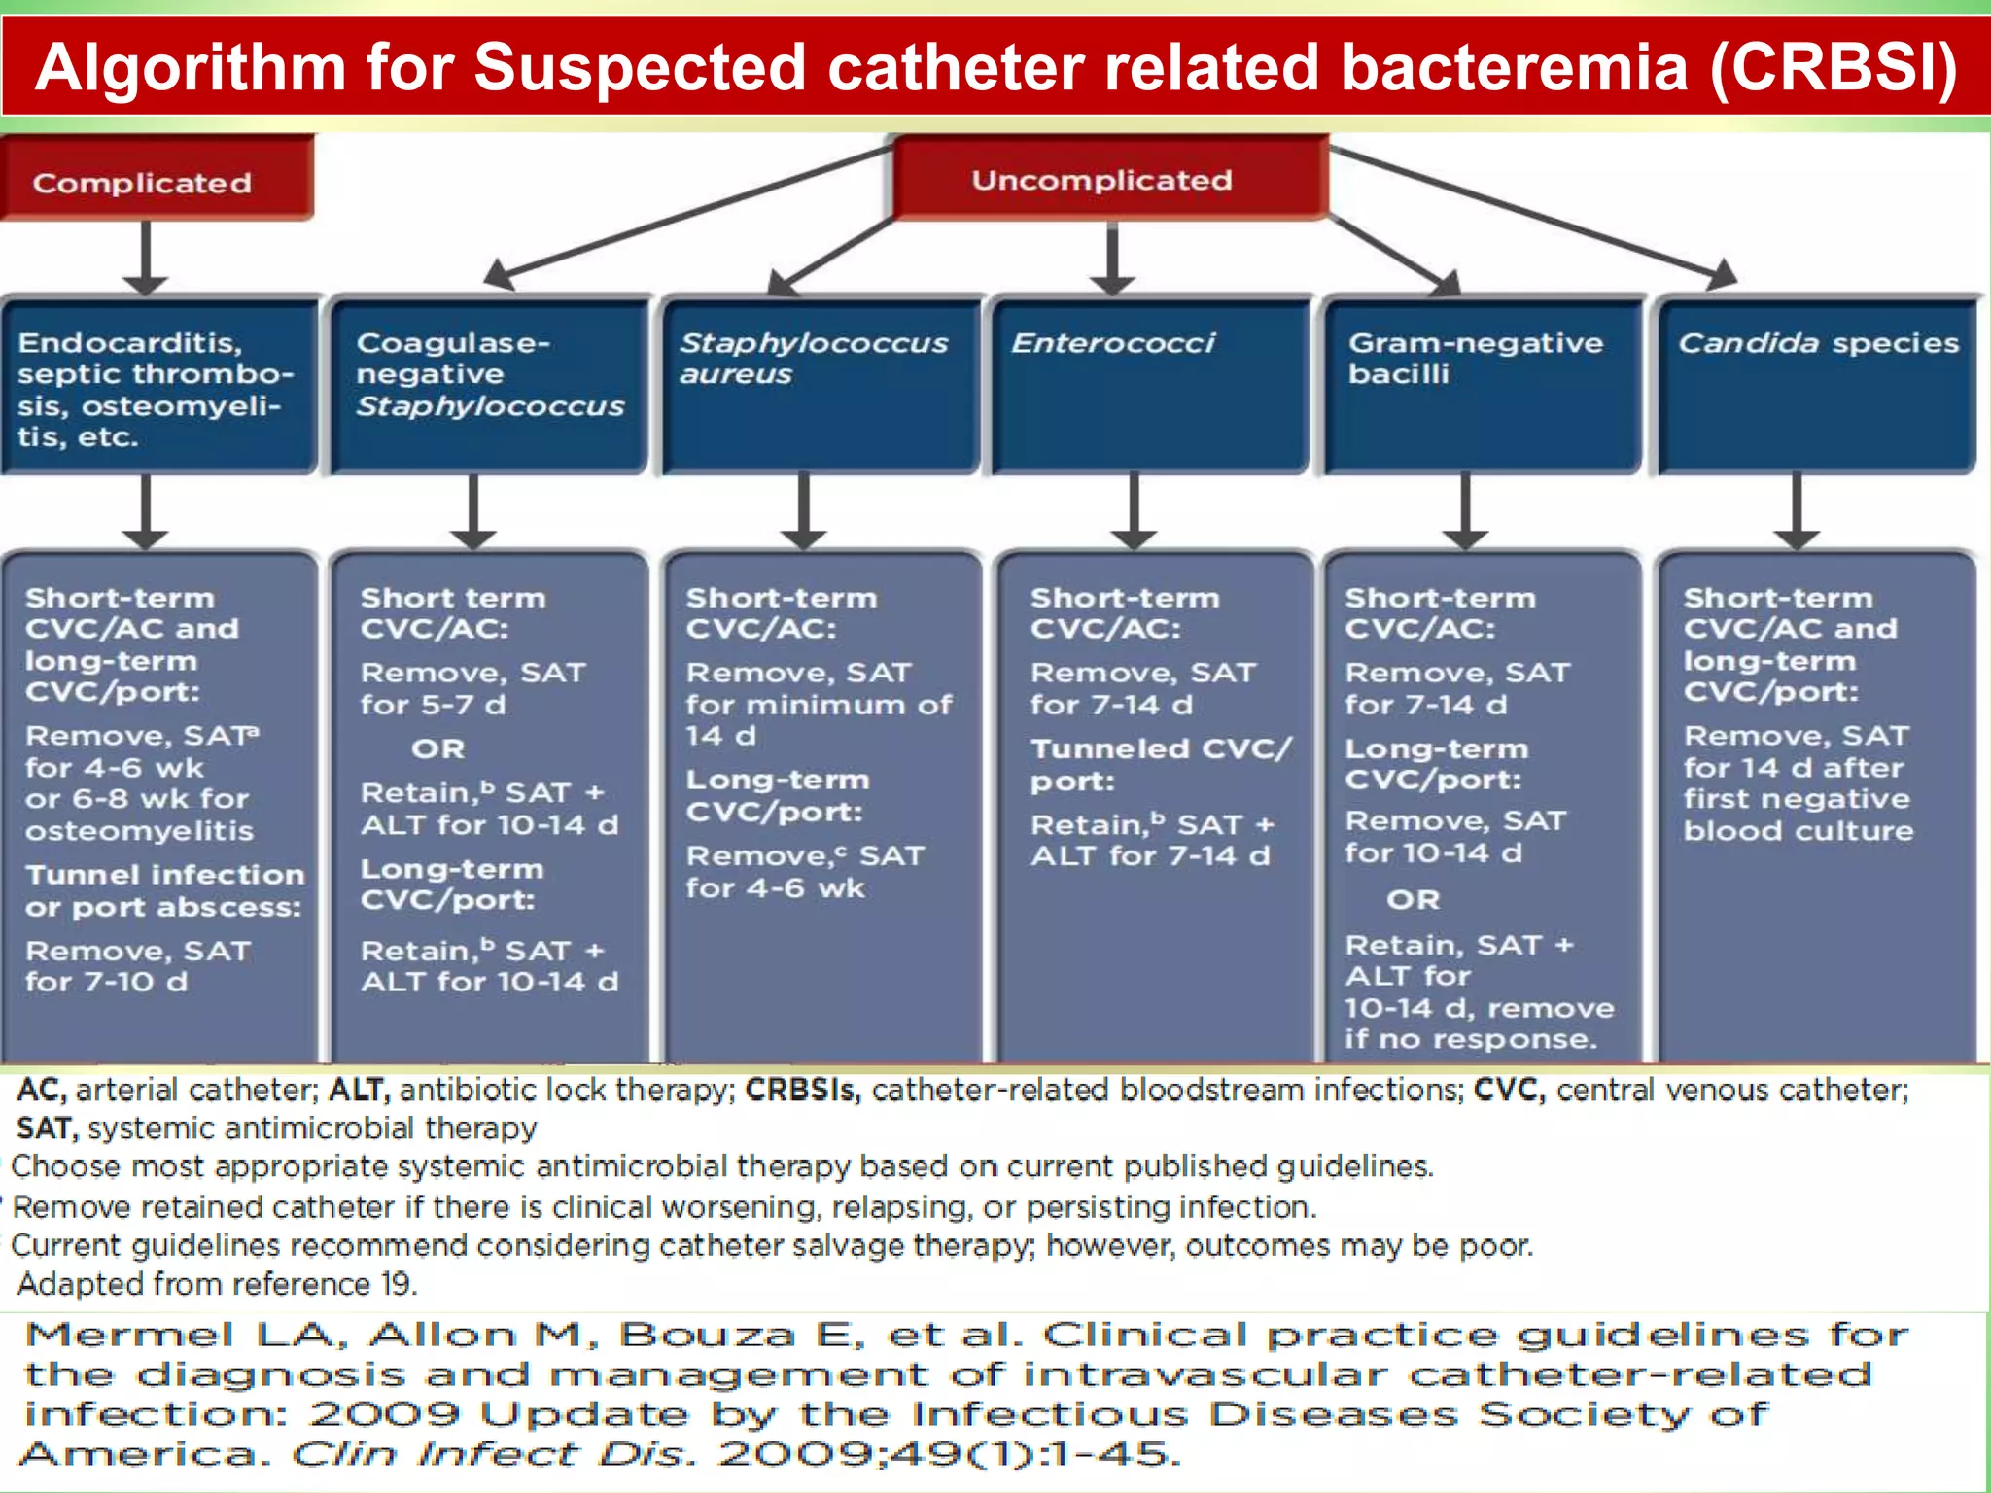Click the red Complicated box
[156, 181]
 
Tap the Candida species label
[1818, 343]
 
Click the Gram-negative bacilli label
[1474, 358]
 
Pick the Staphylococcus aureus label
[813, 358]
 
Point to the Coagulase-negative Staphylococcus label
[488, 374]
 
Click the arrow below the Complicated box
[146, 257]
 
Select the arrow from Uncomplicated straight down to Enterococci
[1112, 257]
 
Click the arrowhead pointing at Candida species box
[1723, 274]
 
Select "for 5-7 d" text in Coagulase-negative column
[433, 705]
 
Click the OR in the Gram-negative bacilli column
[1413, 899]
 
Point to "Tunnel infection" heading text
[165, 875]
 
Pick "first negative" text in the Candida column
[1797, 799]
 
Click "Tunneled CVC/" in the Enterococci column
[1161, 749]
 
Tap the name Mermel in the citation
[128, 1336]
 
